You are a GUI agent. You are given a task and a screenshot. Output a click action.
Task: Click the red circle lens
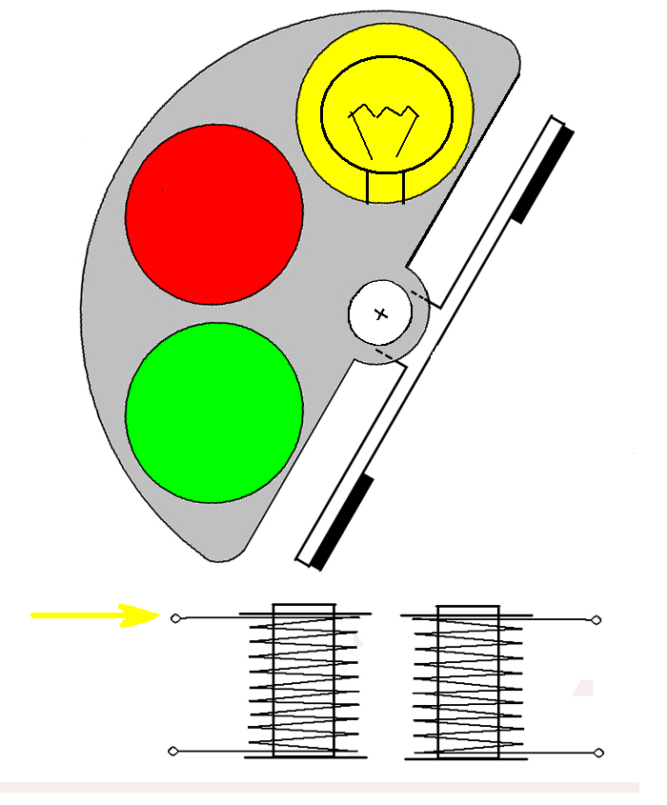coord(214,215)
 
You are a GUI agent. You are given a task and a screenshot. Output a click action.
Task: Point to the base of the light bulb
coord(386,187)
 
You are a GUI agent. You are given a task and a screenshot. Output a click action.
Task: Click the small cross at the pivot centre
coord(381,313)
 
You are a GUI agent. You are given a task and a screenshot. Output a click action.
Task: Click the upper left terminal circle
coord(174,618)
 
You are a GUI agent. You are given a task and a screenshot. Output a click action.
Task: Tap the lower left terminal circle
coord(173,752)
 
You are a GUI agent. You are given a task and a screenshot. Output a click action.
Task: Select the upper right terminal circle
coord(597,619)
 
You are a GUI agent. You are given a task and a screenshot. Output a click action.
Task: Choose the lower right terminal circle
coord(597,754)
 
